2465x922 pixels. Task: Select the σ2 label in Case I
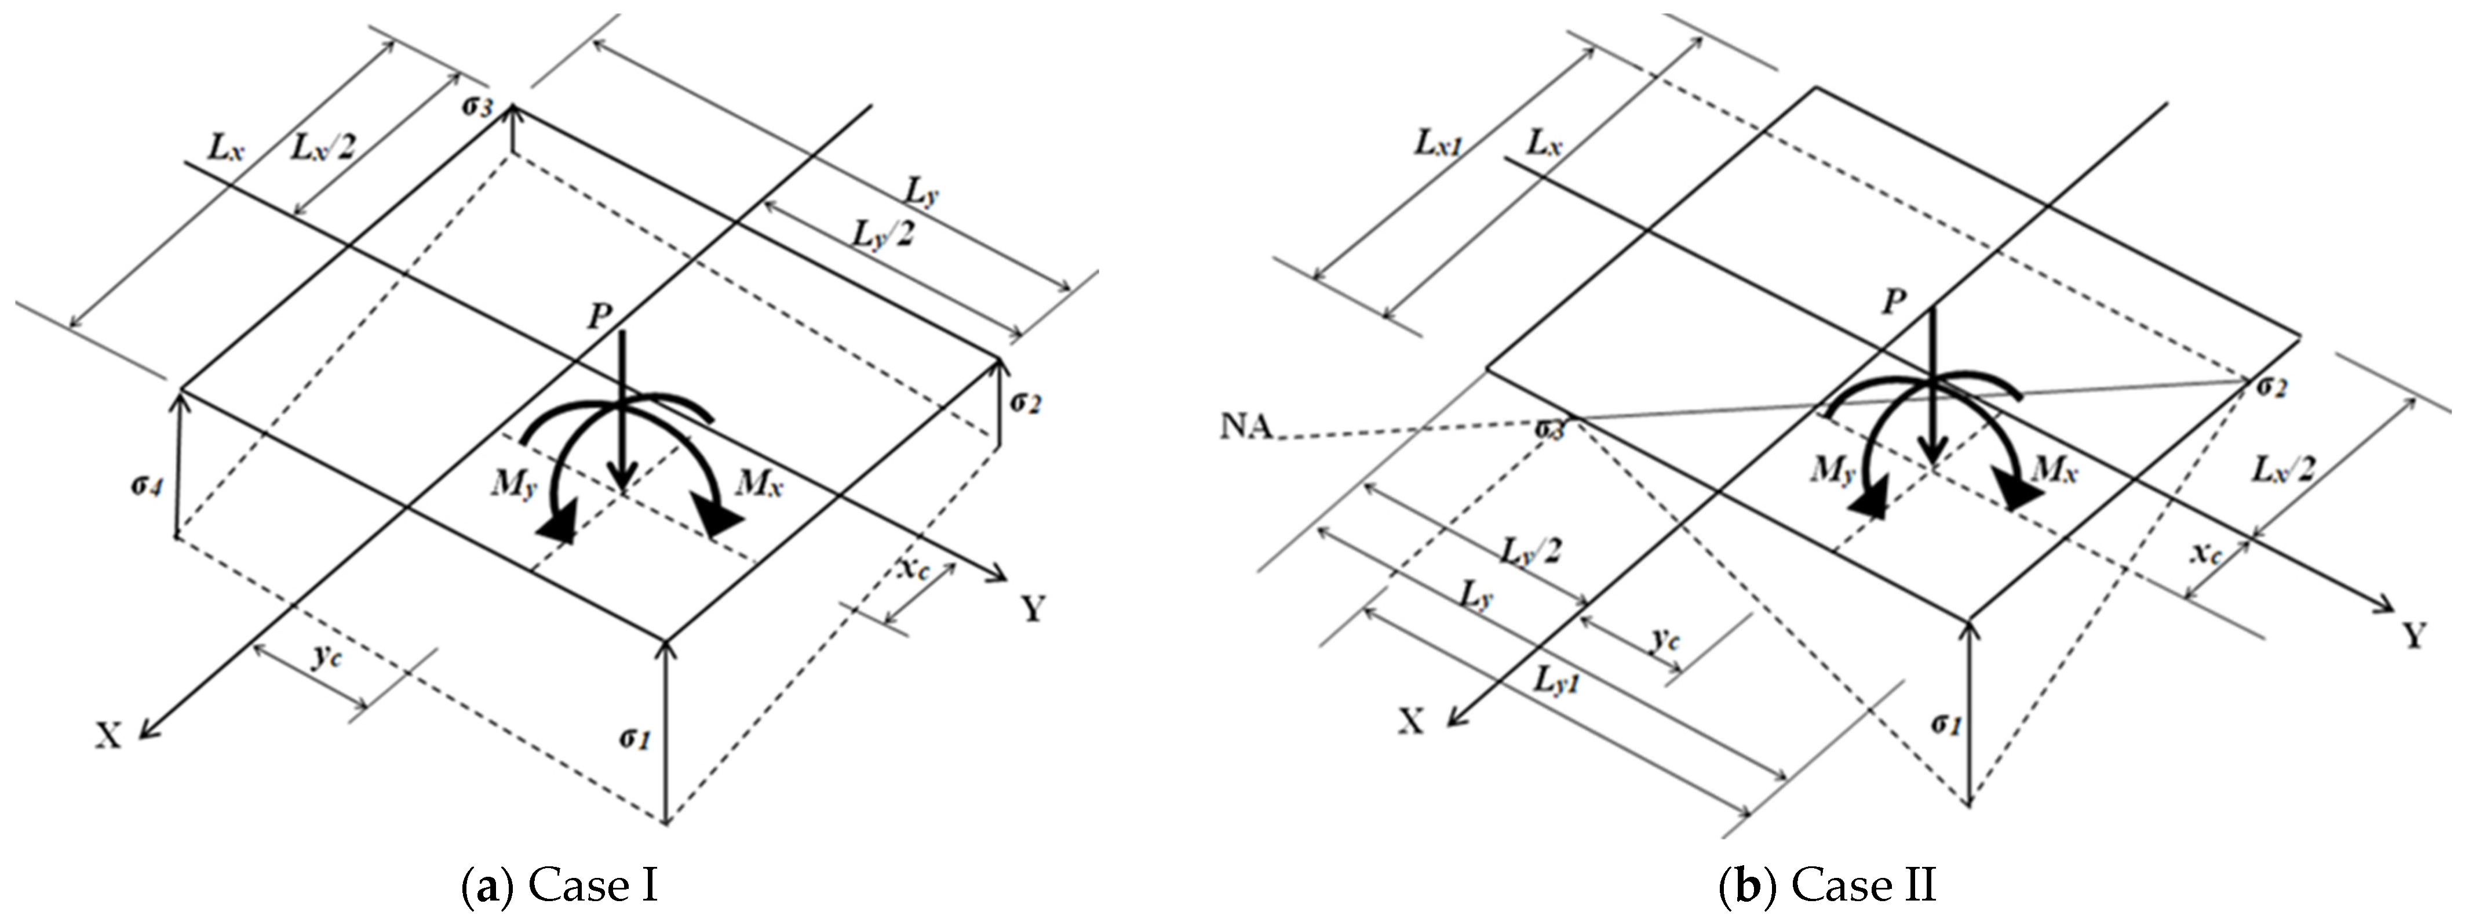(x=1024, y=403)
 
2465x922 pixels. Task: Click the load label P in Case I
(x=599, y=317)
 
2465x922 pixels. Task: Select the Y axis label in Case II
(x=2414, y=636)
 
